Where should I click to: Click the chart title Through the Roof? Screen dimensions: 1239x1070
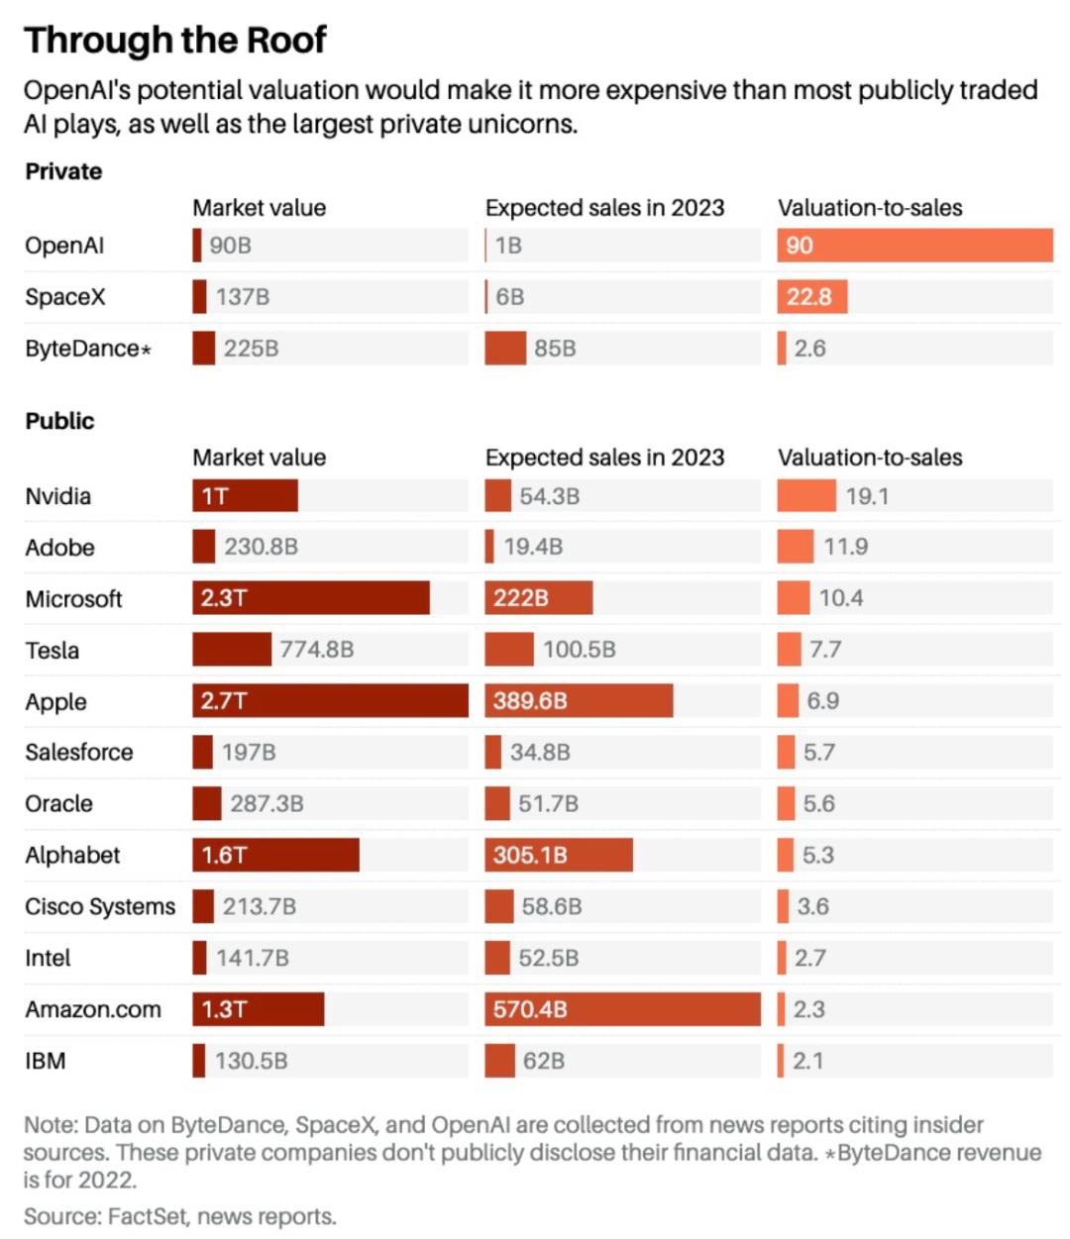coord(175,40)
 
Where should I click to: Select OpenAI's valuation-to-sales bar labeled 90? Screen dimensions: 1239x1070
coord(914,246)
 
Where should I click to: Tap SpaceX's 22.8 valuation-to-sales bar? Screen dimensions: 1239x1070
coord(812,297)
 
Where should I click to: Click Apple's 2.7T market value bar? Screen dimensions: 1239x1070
coord(330,701)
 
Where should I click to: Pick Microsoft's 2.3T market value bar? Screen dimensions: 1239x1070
coord(311,598)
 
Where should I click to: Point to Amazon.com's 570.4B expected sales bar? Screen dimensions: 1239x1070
coord(622,1009)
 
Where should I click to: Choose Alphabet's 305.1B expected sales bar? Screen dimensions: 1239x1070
coord(559,855)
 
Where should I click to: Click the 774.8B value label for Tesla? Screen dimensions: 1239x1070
coord(317,650)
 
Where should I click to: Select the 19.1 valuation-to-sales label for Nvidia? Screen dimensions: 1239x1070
coord(867,496)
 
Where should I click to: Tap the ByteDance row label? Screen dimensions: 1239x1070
coord(87,349)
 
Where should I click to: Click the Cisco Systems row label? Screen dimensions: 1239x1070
coord(100,906)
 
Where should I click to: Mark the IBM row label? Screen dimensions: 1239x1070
coord(46,1061)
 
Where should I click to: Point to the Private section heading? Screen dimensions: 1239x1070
coord(63,171)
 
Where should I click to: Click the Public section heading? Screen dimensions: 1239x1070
coord(59,421)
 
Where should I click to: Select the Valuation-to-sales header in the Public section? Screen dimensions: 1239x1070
coord(870,458)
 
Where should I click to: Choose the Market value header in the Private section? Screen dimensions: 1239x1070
coord(259,208)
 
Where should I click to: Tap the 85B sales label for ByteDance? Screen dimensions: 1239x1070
coord(555,349)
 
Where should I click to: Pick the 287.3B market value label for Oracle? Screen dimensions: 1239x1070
coord(267,803)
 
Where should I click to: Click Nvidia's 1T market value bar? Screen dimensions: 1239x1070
coord(245,496)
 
